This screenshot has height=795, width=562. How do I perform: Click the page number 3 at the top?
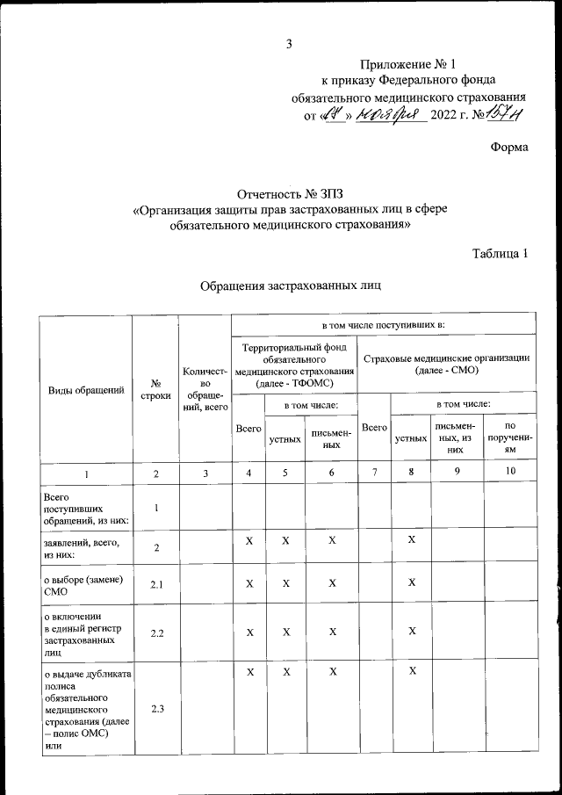[288, 45]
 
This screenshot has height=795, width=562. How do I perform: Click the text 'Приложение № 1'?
[409, 64]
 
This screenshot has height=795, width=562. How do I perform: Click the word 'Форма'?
[509, 147]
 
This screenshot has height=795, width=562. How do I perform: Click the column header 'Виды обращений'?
[84, 389]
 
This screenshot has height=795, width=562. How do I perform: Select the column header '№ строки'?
[155, 389]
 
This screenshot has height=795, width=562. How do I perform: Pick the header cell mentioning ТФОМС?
[293, 365]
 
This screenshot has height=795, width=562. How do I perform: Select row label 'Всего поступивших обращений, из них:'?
[84, 509]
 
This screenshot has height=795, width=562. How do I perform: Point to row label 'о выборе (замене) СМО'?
[84, 583]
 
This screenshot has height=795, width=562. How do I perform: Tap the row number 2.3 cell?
[155, 710]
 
